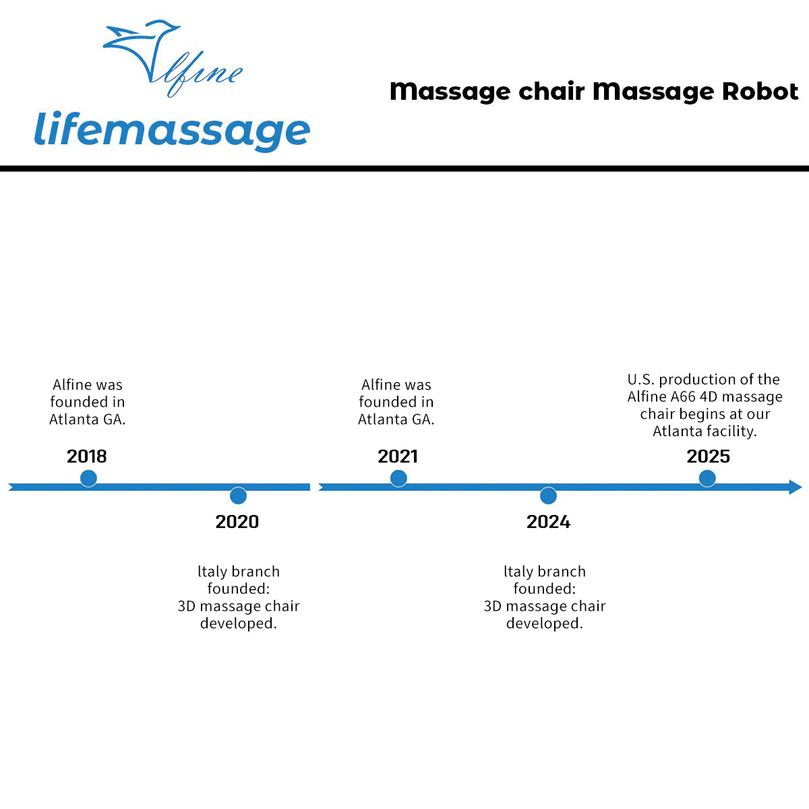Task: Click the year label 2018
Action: pos(86,456)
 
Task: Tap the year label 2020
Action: pos(237,521)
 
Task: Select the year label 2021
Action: pos(398,456)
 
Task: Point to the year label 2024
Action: pos(548,521)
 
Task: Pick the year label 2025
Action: pos(708,456)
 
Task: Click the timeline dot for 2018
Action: pos(88,479)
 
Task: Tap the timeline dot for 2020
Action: pos(238,496)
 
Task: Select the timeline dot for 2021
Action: pos(398,479)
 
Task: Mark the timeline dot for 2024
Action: pos(548,496)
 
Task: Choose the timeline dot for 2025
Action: pos(707,479)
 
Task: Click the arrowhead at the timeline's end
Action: pos(796,487)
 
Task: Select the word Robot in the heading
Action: pos(760,91)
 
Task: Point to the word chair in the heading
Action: pos(551,91)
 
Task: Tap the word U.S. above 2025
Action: pos(641,380)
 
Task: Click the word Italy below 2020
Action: pos(212,572)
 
